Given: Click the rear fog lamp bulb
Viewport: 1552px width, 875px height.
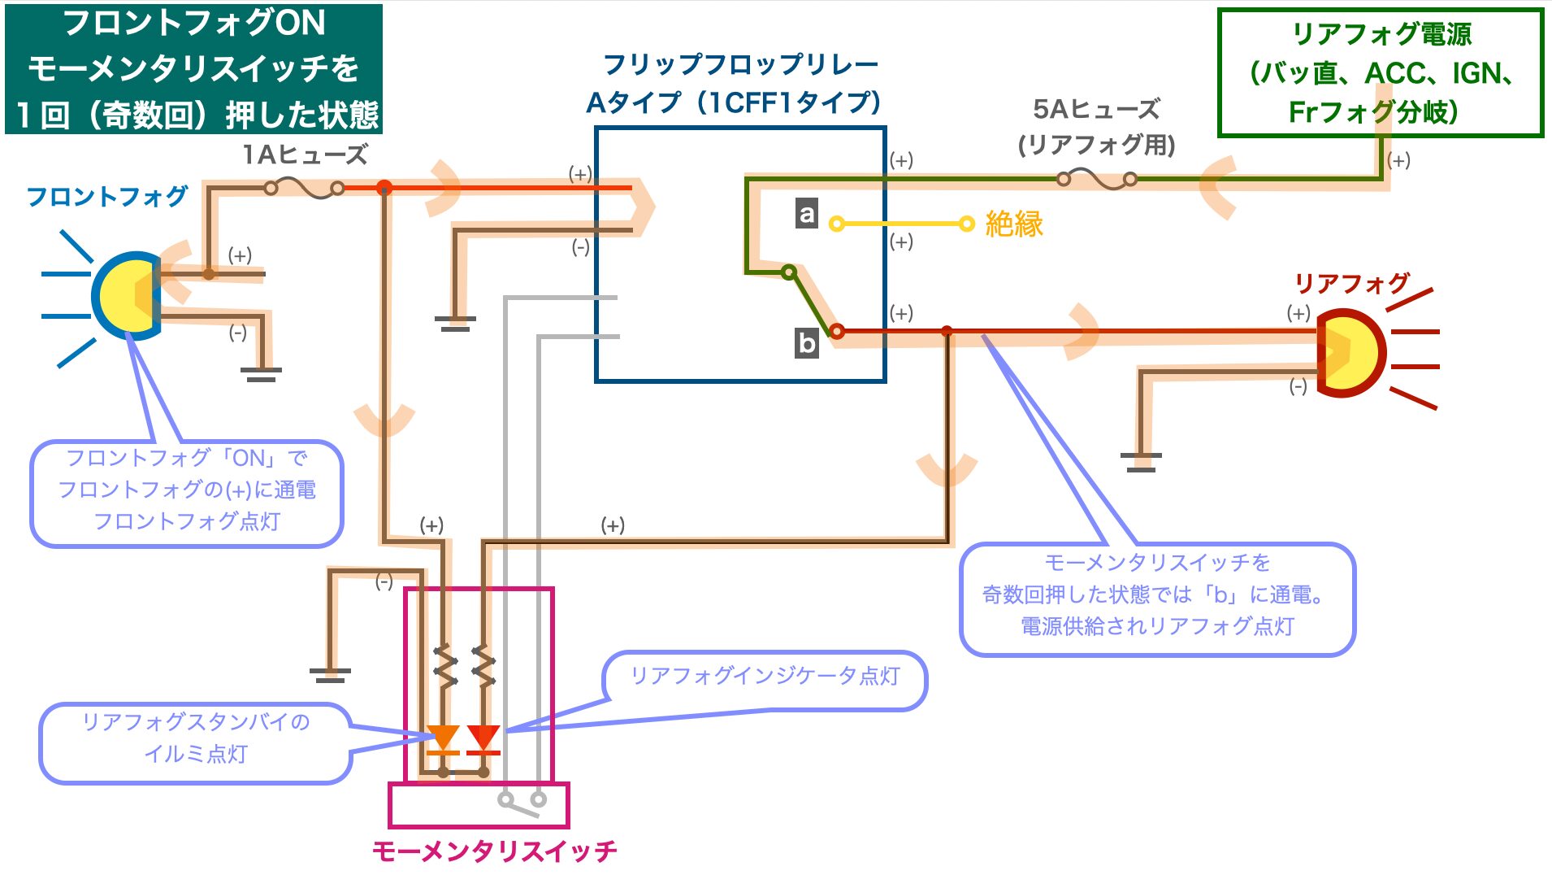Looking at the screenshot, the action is click(1349, 352).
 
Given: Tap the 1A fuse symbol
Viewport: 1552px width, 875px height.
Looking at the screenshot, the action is click(304, 189).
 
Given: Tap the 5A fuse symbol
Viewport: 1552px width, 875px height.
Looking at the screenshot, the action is click(1096, 179).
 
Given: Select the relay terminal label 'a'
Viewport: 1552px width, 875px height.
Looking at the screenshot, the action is click(806, 213).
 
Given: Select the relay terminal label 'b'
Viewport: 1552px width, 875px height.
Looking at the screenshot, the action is click(806, 343).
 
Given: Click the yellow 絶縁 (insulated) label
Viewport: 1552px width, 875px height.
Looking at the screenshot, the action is click(1014, 224).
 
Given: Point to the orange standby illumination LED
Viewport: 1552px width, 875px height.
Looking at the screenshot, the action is click(443, 738).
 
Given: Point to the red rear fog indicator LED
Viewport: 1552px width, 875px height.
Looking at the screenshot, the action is click(483, 738).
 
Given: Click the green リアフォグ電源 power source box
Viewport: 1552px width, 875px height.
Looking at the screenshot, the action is click(1381, 72).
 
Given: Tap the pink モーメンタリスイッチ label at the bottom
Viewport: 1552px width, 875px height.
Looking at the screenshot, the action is click(494, 851).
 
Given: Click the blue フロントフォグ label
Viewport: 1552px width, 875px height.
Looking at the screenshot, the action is click(107, 196).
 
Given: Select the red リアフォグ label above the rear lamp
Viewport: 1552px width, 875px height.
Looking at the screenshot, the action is click(1352, 283).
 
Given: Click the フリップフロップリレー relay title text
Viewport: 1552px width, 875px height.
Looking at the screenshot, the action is click(741, 64).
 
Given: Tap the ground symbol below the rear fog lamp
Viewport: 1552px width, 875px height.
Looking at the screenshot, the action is click(1141, 462).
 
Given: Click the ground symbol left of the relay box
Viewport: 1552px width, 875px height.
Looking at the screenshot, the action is click(455, 323).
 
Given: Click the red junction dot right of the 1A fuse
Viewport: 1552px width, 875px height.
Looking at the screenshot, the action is click(384, 189).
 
